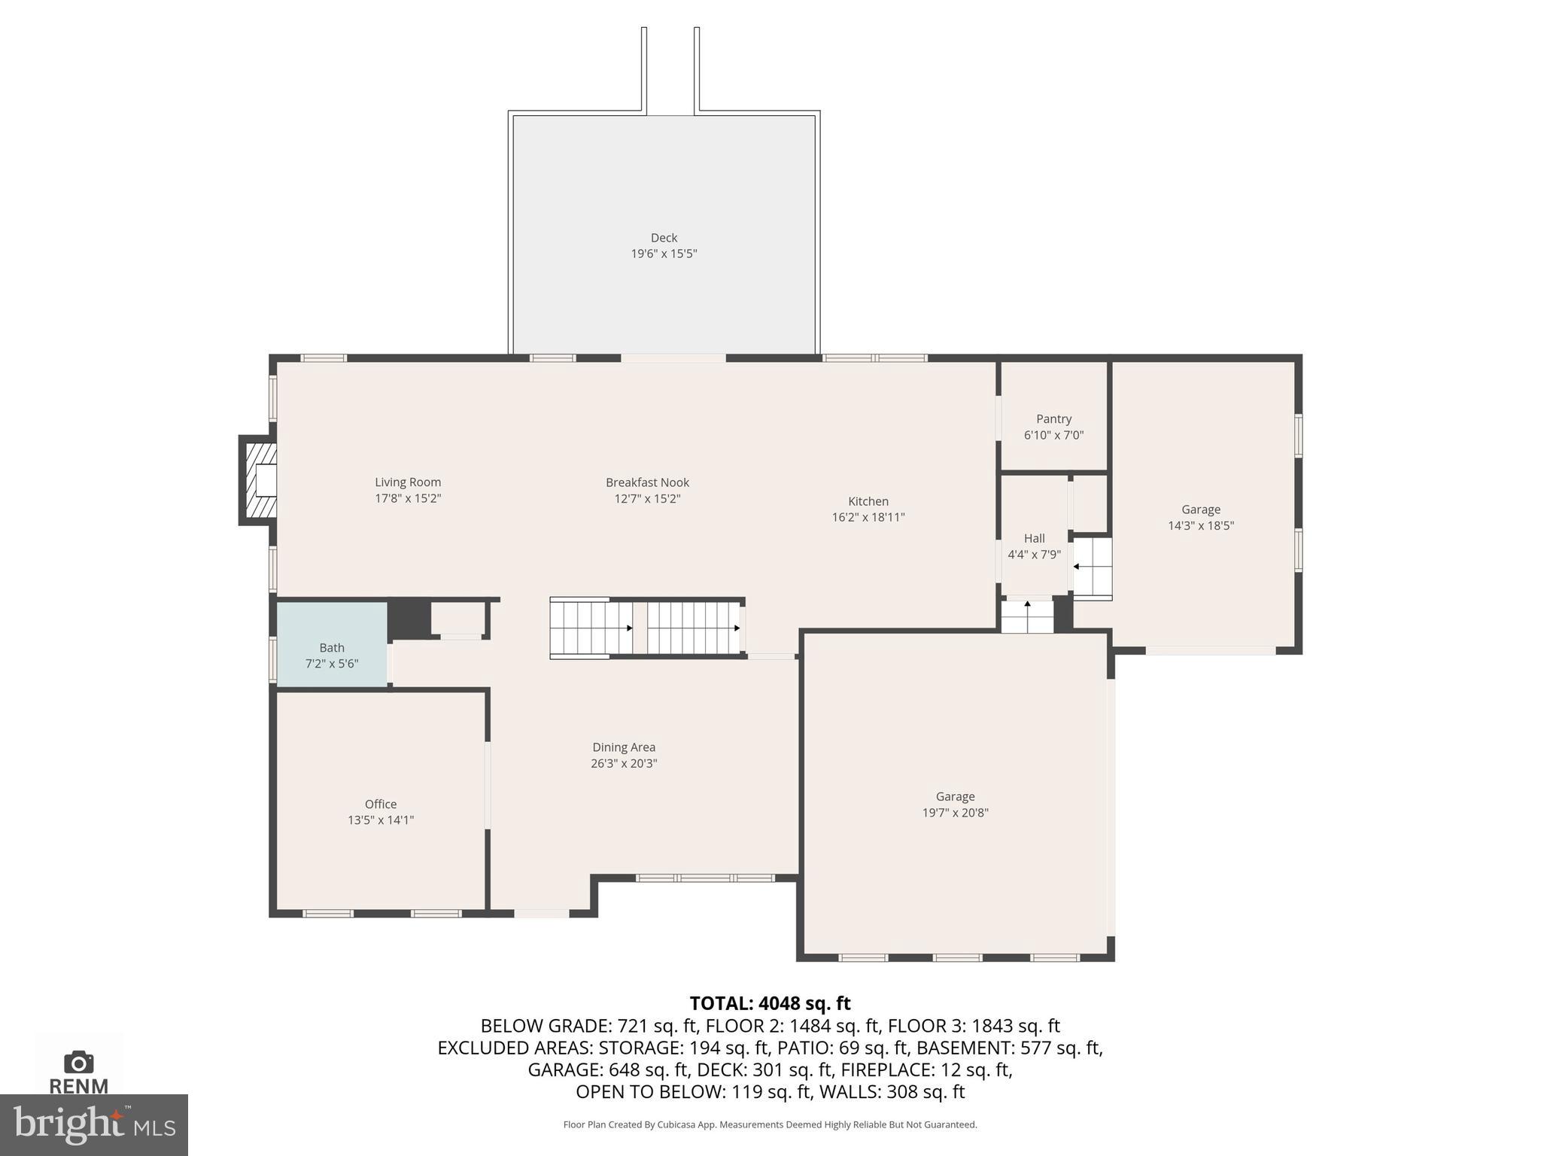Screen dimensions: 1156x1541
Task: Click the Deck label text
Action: [664, 238]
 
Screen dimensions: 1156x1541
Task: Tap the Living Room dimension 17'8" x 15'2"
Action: [408, 498]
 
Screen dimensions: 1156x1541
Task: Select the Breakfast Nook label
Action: [647, 482]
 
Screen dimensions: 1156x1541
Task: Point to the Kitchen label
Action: [868, 501]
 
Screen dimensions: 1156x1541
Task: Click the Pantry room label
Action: [1053, 419]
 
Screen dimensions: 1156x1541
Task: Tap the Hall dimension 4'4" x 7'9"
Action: [1034, 555]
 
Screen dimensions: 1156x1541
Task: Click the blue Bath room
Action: [332, 644]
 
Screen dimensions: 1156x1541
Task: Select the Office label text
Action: [380, 804]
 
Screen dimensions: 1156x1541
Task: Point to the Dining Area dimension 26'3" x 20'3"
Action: [624, 763]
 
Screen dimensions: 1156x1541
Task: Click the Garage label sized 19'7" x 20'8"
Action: [955, 796]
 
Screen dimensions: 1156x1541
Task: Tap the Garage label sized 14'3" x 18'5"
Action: [1200, 510]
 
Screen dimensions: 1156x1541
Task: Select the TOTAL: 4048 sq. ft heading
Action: [770, 1003]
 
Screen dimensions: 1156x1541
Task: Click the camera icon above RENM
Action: [79, 1062]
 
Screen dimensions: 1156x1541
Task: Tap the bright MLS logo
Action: [94, 1124]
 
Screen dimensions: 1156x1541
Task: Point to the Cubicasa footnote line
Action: [770, 1124]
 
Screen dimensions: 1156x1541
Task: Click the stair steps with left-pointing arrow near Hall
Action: [1092, 567]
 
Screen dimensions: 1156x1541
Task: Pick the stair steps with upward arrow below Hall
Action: [1027, 615]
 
